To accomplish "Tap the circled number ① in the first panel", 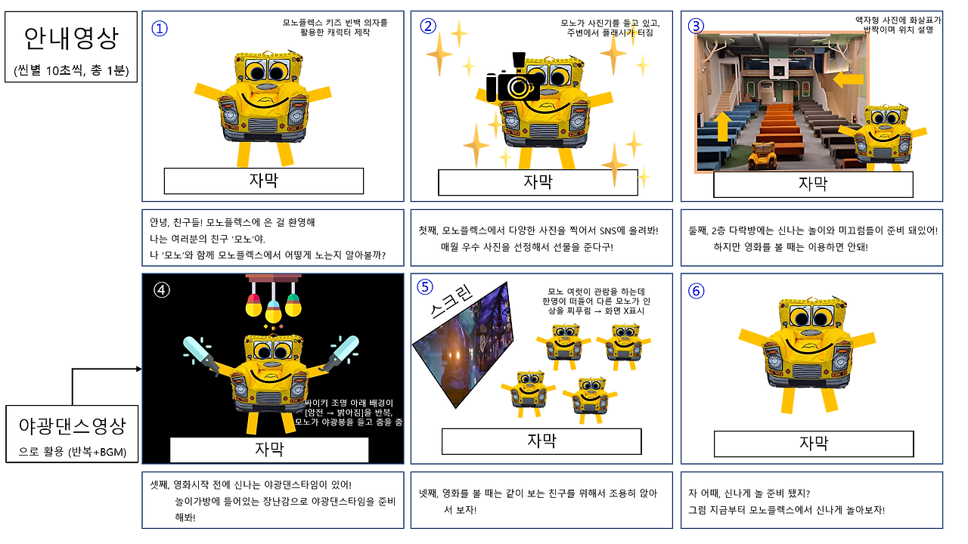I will coord(160,28).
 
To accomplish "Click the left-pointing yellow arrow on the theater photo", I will coord(849,78).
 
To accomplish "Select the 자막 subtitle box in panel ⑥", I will coord(814,444).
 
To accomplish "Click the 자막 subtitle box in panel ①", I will coord(264,181).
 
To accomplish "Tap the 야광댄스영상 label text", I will coord(72,426).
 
